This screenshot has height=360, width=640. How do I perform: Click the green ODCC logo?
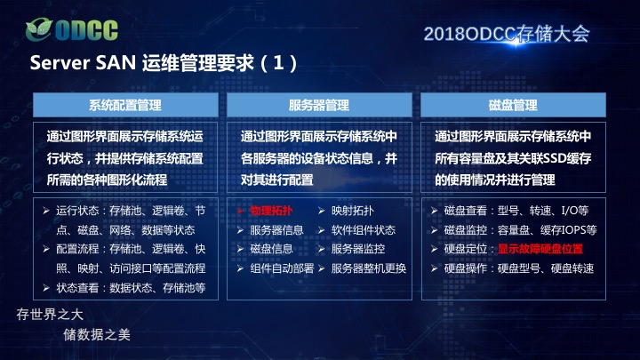72,29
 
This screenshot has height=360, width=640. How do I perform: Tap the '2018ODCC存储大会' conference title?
507,34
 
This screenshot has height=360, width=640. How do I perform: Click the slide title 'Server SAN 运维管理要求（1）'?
164,63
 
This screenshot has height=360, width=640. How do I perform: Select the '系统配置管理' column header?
125,105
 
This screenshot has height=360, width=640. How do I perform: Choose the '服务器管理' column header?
319,105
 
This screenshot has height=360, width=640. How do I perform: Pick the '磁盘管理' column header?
513,105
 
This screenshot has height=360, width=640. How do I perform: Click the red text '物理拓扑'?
271,211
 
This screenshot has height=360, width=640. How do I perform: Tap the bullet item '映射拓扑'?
353,211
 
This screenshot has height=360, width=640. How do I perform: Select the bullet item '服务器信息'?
276,230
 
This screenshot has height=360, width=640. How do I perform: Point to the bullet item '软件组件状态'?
364,230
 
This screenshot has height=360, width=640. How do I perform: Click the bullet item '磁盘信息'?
271,249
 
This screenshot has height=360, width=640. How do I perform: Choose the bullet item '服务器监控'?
358,249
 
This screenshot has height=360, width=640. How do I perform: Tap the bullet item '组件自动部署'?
282,268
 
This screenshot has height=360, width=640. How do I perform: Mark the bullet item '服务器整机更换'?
369,268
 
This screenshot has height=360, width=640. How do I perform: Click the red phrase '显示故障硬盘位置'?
540,249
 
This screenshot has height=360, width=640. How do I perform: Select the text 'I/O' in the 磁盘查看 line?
570,211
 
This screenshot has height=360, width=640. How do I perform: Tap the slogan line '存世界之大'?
50,315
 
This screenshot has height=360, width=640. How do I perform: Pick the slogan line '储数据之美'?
97,335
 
